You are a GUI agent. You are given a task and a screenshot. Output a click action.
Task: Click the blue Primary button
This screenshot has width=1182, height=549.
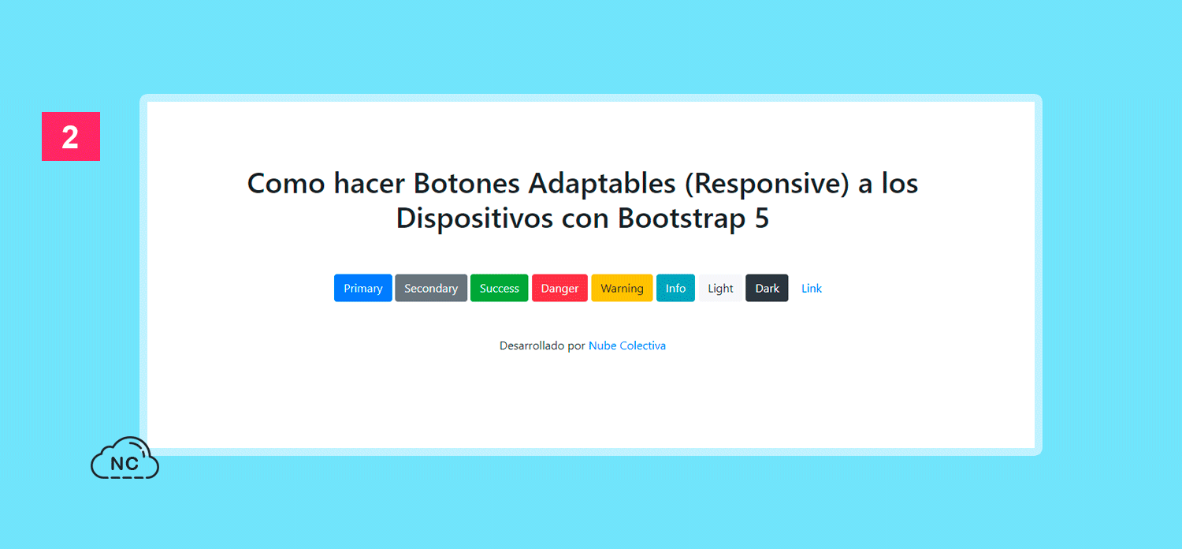[363, 288]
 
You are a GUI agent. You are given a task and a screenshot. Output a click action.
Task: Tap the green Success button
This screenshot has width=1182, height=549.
[499, 288]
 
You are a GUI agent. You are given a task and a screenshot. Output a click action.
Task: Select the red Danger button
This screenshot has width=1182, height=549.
[559, 288]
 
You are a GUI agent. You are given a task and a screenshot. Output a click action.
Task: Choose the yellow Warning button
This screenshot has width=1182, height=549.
[622, 288]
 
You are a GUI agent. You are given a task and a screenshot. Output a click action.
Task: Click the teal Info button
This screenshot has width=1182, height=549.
[675, 288]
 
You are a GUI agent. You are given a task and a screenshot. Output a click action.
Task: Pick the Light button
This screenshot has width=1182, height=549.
[720, 288]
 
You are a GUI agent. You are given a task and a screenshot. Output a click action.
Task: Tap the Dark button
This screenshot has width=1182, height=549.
[767, 288]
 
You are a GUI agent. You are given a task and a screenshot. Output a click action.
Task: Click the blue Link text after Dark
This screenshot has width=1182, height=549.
[812, 288]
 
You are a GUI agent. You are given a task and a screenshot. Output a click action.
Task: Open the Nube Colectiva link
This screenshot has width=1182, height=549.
[627, 345]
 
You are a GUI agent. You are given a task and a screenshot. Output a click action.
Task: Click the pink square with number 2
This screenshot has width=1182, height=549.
[71, 136]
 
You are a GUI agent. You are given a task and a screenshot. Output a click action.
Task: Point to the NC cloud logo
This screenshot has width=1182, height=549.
[125, 458]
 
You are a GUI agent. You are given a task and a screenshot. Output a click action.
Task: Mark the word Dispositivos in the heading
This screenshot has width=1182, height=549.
[474, 218]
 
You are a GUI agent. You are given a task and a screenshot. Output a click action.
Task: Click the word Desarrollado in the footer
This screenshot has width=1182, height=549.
[532, 345]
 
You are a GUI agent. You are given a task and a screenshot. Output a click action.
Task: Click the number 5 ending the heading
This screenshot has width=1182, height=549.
[761, 218]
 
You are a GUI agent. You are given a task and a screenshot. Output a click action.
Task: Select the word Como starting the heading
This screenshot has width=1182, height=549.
[285, 184]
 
